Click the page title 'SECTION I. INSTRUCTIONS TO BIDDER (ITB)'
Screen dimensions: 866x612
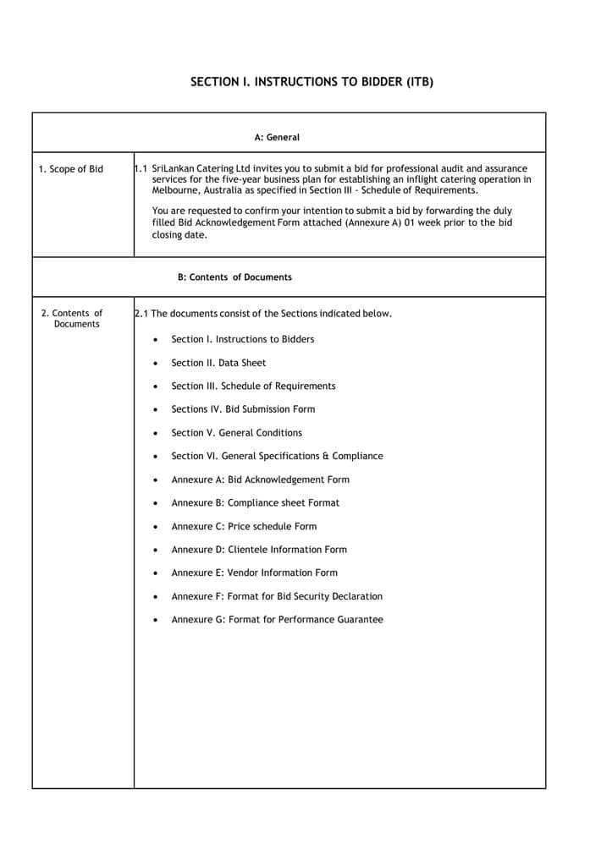coord(312,82)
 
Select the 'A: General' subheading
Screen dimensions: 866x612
coord(277,137)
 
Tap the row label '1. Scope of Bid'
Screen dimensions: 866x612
coord(71,169)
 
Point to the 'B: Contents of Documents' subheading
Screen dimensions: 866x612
coord(234,277)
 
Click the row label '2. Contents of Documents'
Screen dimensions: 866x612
coord(73,319)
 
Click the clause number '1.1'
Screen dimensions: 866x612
coord(141,169)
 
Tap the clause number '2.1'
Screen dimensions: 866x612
coord(141,314)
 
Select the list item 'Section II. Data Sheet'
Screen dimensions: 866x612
coord(218,363)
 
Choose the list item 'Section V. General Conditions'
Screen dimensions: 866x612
coord(236,433)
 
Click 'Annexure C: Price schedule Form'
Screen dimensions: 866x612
coord(244,526)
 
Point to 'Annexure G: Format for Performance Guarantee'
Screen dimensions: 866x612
coord(277,620)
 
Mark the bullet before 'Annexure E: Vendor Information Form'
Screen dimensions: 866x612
coord(155,573)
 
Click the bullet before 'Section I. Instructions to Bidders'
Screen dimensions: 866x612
coord(155,340)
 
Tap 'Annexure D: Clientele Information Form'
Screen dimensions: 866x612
coord(259,550)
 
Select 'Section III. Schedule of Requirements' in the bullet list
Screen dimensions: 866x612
coord(253,386)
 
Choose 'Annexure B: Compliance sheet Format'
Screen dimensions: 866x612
coord(255,503)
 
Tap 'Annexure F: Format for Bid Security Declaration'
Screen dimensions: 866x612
coord(277,596)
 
